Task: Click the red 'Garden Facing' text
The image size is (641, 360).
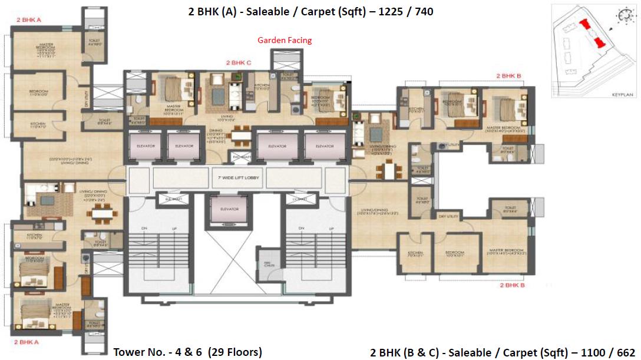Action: [285, 40]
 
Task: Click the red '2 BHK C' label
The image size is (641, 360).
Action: [239, 62]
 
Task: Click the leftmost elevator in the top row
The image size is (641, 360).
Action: [146, 146]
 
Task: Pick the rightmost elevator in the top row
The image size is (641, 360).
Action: [324, 146]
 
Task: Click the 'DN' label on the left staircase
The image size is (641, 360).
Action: [145, 228]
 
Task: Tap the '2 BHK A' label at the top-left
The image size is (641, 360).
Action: [28, 20]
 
